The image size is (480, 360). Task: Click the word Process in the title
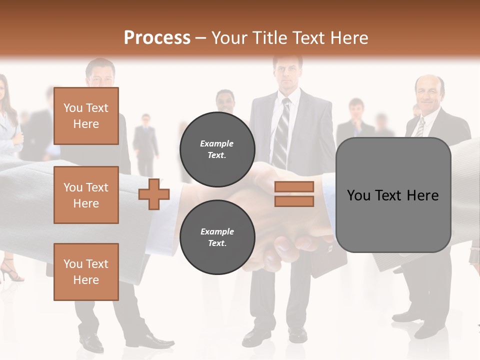pyautogui.click(x=157, y=37)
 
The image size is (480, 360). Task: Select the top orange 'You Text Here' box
pyautogui.click(x=86, y=116)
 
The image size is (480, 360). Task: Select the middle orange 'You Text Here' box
pyautogui.click(x=86, y=195)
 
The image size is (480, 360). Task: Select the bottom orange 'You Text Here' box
pyautogui.click(x=86, y=271)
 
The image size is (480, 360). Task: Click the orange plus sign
pyautogui.click(x=154, y=194)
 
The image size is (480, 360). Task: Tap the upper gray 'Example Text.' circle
pyautogui.click(x=217, y=149)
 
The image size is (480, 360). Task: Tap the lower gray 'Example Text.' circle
pyautogui.click(x=217, y=237)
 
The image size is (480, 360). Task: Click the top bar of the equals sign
pyautogui.click(x=294, y=186)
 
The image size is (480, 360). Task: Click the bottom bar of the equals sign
pyautogui.click(x=294, y=201)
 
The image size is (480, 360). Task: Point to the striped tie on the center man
pyautogui.click(x=281, y=132)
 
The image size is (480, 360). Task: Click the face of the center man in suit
pyautogui.click(x=287, y=72)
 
